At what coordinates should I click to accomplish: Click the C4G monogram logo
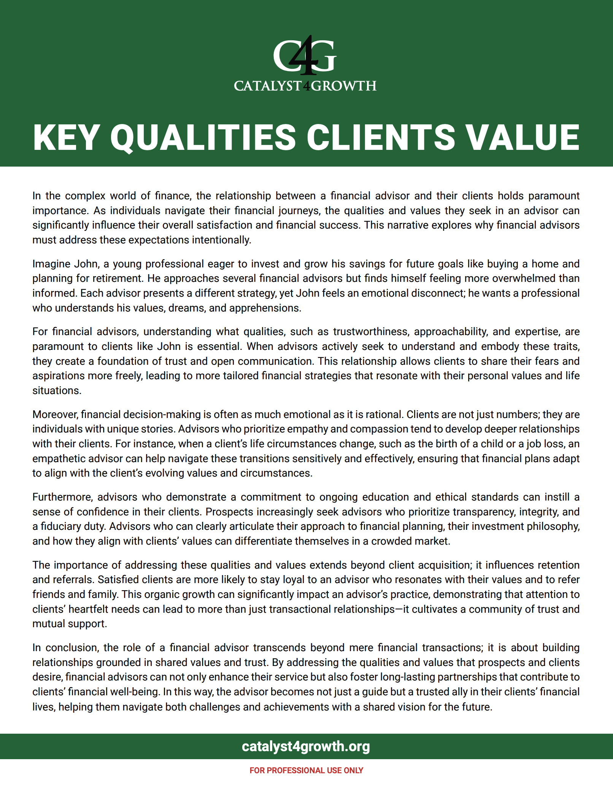305,56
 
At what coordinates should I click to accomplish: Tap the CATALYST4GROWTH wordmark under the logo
305,86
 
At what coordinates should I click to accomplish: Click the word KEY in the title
67,138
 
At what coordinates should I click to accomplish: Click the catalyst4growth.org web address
306,746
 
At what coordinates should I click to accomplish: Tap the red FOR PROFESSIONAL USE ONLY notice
306,770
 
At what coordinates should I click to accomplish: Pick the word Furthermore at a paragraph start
63,497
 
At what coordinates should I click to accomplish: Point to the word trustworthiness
371,332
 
